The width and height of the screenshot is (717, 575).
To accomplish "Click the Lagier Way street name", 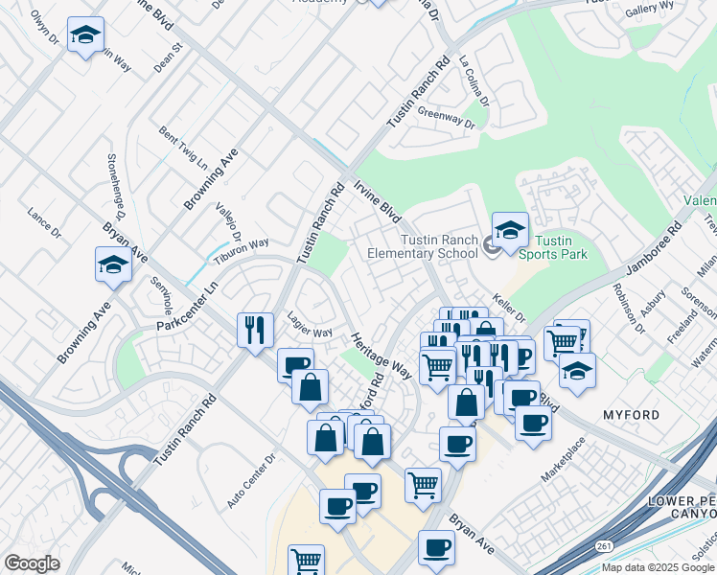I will (310, 325).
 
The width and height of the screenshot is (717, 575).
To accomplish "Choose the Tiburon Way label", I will (241, 250).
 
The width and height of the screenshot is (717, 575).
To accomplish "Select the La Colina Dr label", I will (474, 80).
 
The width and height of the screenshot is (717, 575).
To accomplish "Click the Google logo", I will (33, 563).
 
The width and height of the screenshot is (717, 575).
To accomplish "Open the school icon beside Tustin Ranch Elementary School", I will (510, 231).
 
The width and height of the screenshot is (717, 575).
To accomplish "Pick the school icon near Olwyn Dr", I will (86, 37).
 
